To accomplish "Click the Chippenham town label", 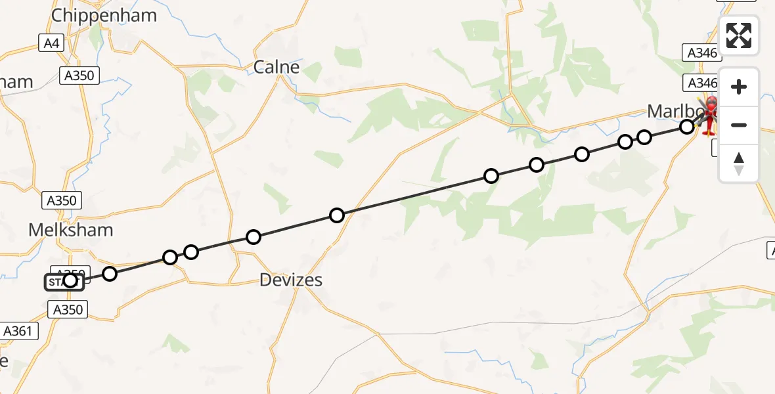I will point(104,16).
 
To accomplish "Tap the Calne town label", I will point(277,67).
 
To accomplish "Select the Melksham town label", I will point(70,230).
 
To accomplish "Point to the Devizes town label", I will point(291,280).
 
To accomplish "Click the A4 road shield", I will point(51,43).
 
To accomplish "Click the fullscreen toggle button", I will point(739,35).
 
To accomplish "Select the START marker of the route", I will point(64,282).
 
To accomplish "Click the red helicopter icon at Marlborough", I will point(710,116).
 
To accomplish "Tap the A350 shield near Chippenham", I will point(79,76).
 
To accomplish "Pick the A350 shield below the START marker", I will point(68,309).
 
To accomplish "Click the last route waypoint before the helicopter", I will point(687,127).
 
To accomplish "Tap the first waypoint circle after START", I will point(110,274).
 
